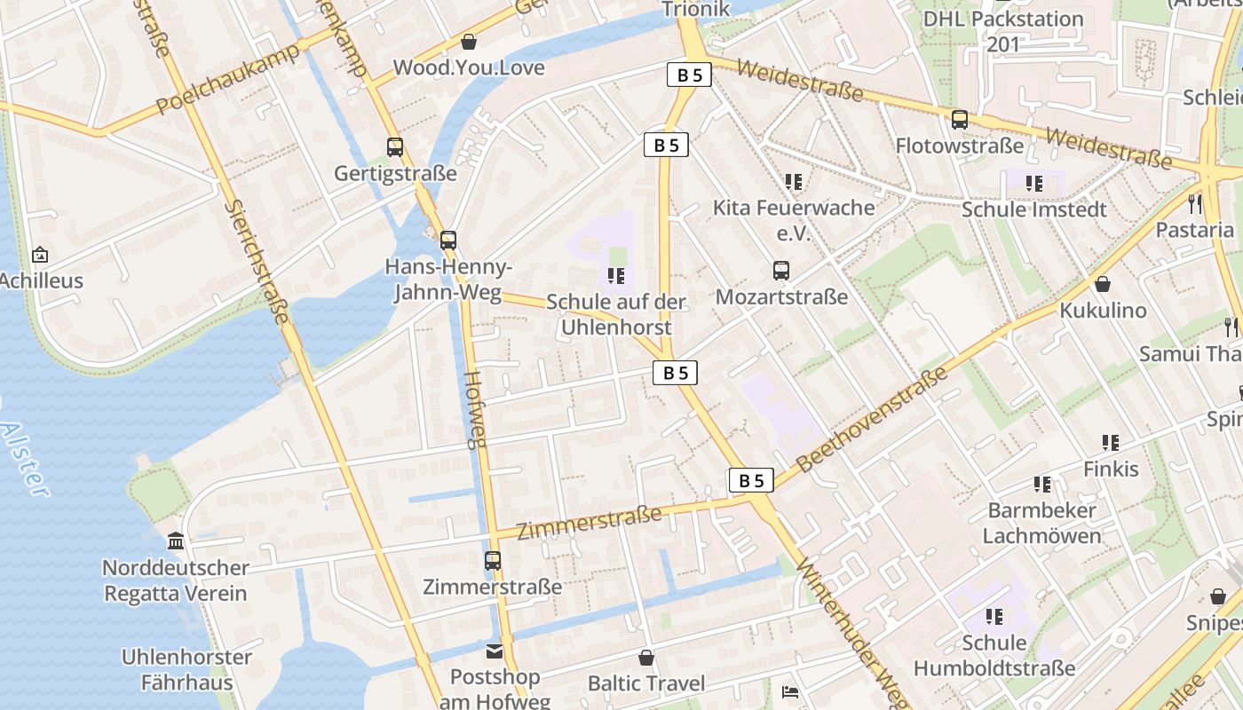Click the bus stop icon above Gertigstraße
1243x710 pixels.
395,147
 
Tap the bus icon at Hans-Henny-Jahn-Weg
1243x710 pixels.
448,240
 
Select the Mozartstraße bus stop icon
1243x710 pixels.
781,271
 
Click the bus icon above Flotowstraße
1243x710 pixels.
960,120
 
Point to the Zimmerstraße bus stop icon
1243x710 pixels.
493,561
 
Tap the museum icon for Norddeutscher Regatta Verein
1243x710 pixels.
176,541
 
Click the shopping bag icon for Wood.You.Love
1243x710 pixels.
469,42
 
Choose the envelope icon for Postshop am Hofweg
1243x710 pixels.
495,652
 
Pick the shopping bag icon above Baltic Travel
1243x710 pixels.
646,658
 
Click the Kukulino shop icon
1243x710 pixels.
1103,284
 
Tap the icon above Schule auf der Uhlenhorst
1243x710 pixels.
617,276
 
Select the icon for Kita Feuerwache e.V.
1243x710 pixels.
794,182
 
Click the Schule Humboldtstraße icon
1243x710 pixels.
994,616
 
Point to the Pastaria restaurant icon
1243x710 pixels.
1195,204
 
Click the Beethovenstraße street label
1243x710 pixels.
873,419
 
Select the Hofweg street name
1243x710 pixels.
477,409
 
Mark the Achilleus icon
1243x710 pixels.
40,256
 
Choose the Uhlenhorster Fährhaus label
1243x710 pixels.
186,670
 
